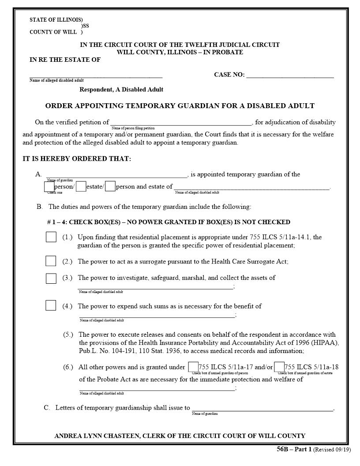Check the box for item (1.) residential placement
click(x=51, y=237)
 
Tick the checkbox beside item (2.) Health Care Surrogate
click(x=51, y=261)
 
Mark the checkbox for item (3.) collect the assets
click(x=51, y=278)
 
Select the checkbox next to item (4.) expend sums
click(x=51, y=305)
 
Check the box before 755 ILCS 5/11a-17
click(x=193, y=367)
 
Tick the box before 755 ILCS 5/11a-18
click(x=279, y=367)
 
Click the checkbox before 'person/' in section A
click(x=49, y=187)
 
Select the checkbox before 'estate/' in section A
click(x=81, y=187)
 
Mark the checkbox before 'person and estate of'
click(x=110, y=187)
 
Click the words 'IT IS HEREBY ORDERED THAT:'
click(x=77, y=159)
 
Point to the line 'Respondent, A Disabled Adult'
click(x=121, y=90)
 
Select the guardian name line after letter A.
click(x=116, y=176)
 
